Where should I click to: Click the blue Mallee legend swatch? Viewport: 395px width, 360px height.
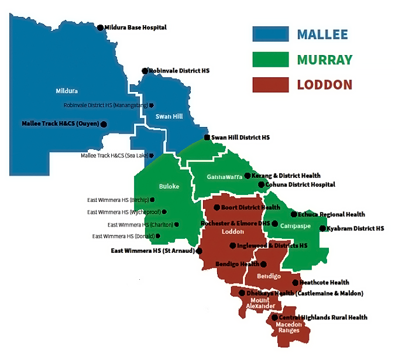(x=270, y=34)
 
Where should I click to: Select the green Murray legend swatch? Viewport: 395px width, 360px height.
(x=270, y=59)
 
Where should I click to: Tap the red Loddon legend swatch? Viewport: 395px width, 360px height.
(x=270, y=84)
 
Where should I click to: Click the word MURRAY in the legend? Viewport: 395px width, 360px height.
(x=324, y=60)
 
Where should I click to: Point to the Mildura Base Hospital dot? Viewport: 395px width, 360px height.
(x=100, y=28)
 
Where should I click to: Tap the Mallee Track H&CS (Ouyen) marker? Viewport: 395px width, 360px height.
(x=104, y=124)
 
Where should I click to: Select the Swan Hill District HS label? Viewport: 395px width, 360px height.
(x=241, y=138)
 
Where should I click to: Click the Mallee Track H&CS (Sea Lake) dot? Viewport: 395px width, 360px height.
(x=152, y=156)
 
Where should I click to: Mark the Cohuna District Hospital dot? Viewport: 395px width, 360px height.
(x=261, y=184)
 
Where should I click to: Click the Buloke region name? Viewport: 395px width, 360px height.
(x=169, y=187)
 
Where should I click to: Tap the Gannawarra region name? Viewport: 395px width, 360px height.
(x=225, y=177)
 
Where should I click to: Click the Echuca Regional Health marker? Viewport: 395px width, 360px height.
(x=293, y=214)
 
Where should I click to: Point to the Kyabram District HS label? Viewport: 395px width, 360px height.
(x=355, y=228)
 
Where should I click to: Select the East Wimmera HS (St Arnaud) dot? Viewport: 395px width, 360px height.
(x=200, y=251)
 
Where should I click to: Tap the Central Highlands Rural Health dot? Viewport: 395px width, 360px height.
(x=274, y=317)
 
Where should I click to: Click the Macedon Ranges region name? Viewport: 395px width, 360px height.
(x=289, y=327)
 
